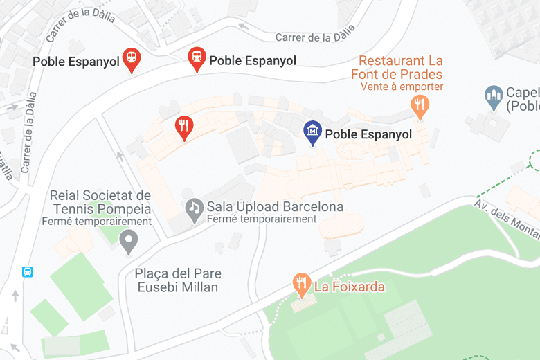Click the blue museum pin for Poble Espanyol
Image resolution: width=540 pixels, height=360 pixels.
point(313,132)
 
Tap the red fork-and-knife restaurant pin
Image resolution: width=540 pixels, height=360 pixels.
point(183,127)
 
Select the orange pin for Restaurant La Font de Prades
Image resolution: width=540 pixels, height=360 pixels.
point(420,106)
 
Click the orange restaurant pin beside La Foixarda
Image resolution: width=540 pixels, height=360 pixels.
point(301,283)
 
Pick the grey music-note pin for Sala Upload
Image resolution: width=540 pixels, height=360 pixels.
point(195,208)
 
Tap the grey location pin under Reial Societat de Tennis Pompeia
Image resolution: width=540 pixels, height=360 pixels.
point(129,241)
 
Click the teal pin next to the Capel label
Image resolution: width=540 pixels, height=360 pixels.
point(494,98)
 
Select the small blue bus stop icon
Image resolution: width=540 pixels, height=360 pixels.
point(28,272)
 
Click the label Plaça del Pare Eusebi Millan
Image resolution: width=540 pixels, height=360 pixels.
point(177,280)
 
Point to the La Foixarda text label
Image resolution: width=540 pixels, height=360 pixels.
point(350,286)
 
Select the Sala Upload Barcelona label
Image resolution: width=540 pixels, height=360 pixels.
point(275,207)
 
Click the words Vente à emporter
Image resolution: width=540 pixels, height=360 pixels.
point(402,87)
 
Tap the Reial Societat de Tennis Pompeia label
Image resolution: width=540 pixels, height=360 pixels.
point(100,202)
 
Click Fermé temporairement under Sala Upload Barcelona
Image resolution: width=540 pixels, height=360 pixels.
point(262,219)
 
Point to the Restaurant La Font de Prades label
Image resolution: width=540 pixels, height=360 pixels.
point(399,68)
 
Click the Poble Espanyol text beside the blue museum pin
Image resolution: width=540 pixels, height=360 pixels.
point(368,134)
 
